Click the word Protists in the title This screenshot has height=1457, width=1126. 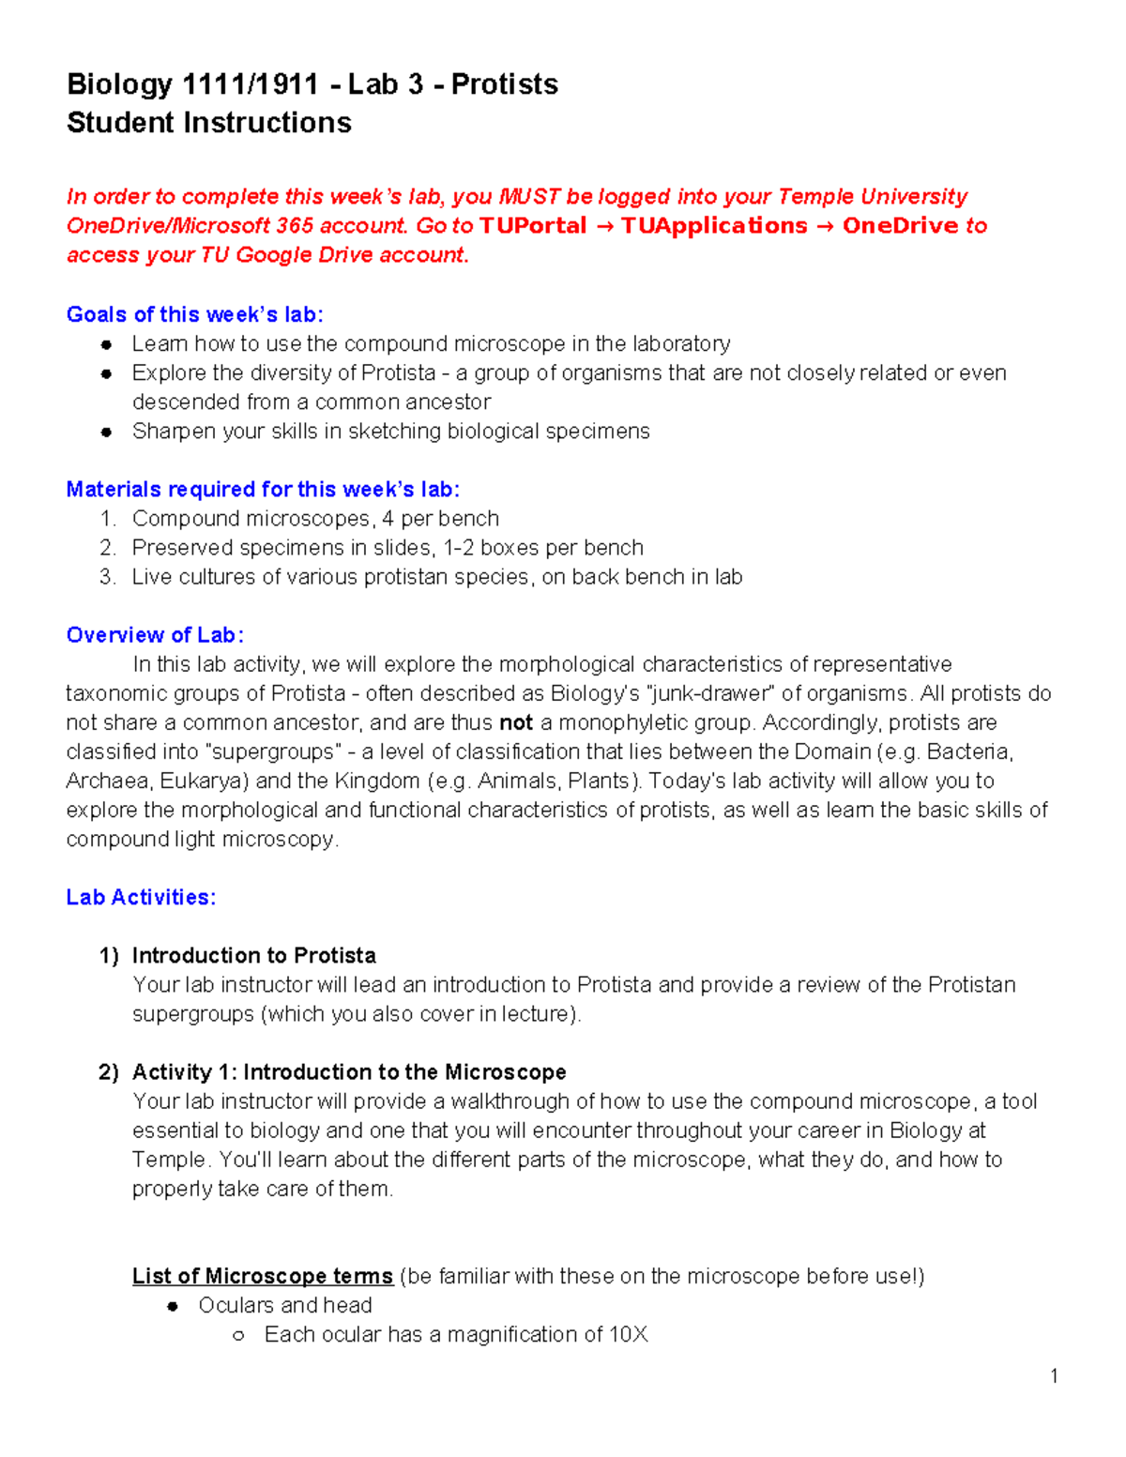504,84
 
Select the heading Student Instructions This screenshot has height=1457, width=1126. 208,123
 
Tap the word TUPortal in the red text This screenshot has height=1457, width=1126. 532,226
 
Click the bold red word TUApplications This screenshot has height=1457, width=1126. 713,226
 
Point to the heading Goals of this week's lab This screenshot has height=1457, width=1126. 194,314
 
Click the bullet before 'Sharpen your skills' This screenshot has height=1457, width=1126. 107,432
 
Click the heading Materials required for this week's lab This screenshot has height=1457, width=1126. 263,490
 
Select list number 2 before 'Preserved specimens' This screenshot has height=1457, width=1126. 107,548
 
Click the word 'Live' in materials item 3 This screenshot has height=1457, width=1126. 151,577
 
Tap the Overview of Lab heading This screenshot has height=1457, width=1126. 155,635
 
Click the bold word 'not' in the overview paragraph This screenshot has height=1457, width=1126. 515,723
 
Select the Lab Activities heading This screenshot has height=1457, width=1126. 141,898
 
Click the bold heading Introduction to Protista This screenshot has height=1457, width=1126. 253,956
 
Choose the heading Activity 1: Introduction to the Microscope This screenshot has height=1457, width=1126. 349,1072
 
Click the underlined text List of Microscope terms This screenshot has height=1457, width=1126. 262,1277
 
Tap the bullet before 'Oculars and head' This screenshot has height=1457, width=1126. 173,1306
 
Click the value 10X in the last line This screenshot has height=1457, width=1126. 628,1335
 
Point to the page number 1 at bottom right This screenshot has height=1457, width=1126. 1054,1376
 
